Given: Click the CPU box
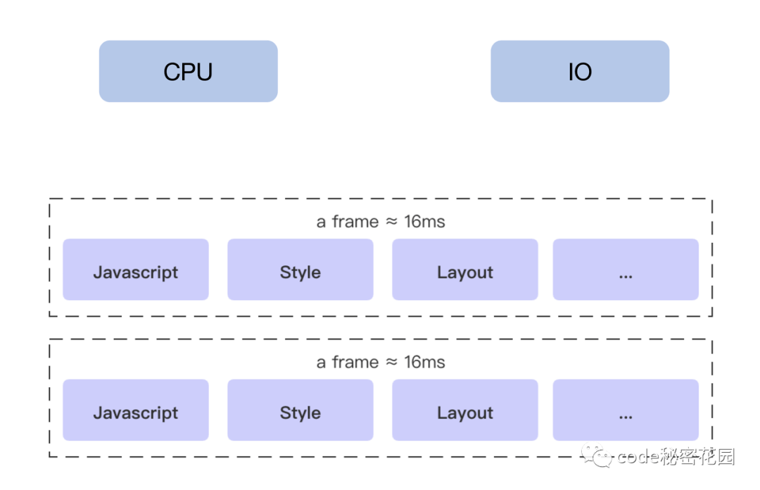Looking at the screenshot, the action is coord(188,71).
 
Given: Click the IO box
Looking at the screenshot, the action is coord(580,71).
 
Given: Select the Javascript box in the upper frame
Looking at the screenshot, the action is coord(136,269).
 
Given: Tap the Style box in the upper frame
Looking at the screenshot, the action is coord(300,269).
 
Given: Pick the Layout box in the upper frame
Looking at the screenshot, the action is coord(465,269).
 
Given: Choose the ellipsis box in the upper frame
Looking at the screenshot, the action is coord(626,269).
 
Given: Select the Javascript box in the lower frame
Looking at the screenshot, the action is coord(136,410).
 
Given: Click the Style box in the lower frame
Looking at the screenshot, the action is coord(300,410).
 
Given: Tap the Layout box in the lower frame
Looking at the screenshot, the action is coord(465,410).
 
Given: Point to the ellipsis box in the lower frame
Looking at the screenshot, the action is coord(626,410).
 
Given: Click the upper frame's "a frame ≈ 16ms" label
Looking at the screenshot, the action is coord(381,222).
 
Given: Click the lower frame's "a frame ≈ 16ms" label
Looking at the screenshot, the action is coord(381,363).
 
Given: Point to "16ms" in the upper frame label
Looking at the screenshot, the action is coord(424,222).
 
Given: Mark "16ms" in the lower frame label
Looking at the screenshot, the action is coord(424,363).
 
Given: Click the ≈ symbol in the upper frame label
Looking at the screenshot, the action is coord(391,222).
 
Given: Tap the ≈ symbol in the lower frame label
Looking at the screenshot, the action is coord(391,363).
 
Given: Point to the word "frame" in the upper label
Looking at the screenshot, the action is coord(355,222).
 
